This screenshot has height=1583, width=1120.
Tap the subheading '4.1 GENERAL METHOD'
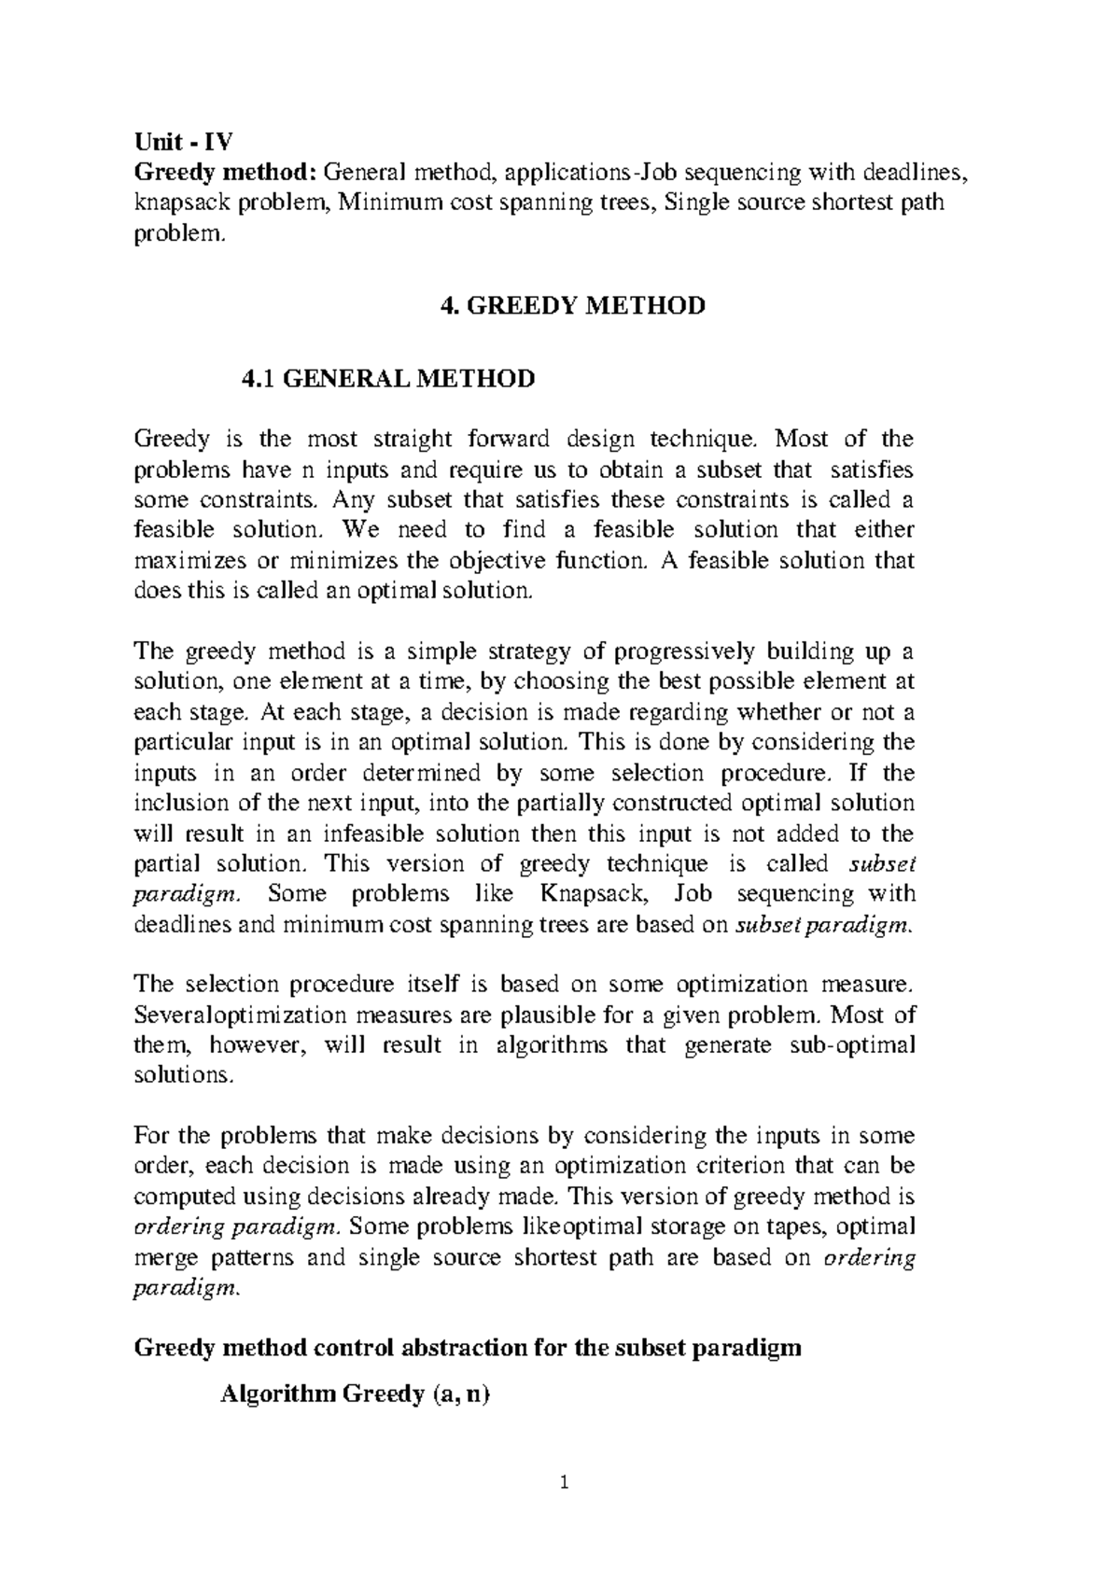click(388, 378)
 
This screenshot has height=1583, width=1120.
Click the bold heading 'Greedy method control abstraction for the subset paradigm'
click(468, 1349)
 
